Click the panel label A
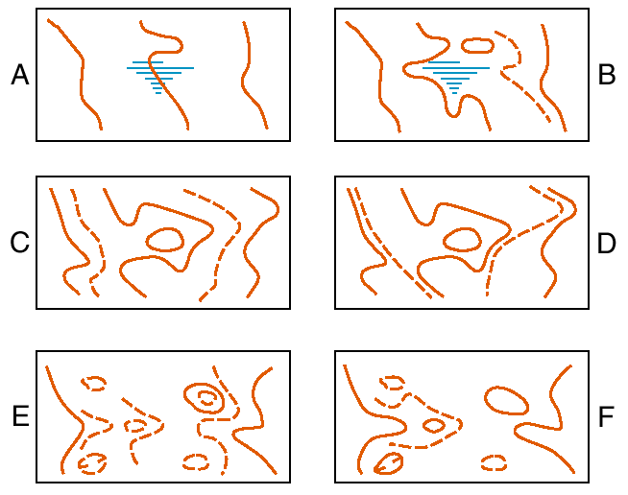coord(20,75)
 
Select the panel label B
coord(606,75)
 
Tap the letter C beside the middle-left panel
coord(20,242)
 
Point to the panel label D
coord(606,243)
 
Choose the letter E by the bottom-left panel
coord(21,416)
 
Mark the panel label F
coord(606,416)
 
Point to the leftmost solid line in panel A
coord(83,76)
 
